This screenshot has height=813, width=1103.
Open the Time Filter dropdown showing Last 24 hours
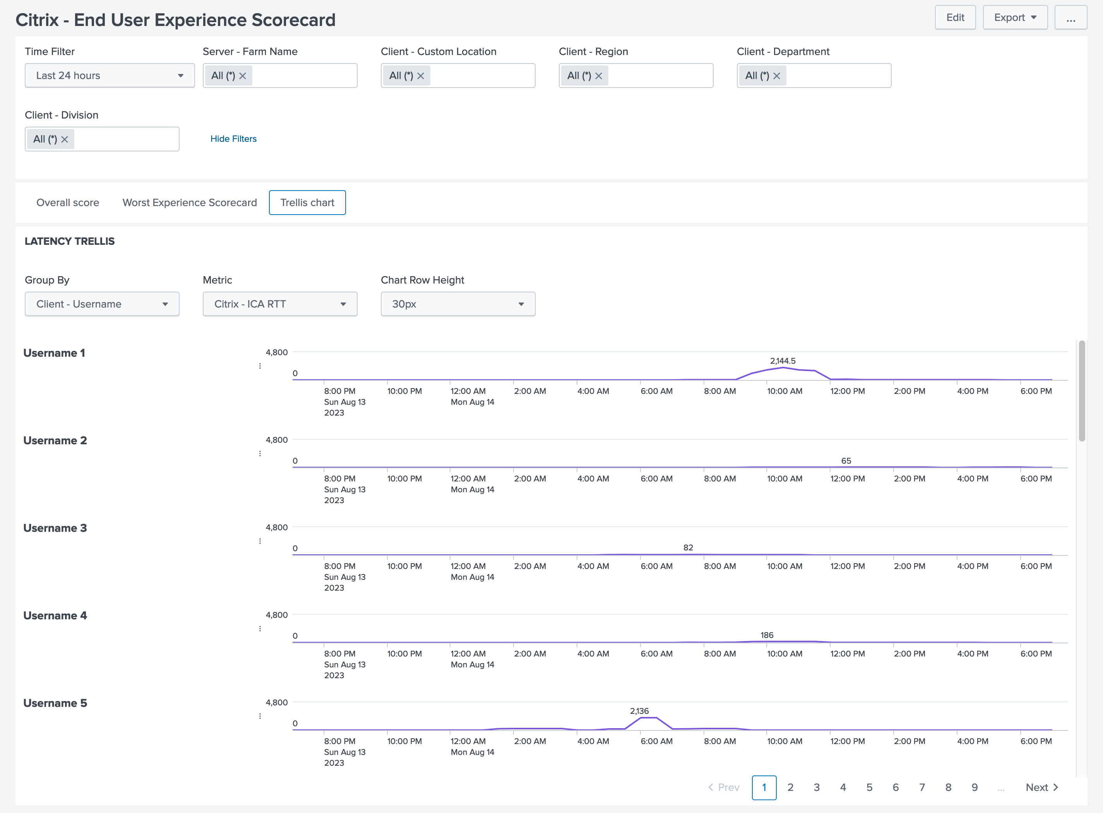(109, 75)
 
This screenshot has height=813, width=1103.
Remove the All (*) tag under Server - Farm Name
(242, 76)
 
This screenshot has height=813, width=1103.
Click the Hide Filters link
(233, 139)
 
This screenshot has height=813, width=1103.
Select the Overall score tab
(67, 203)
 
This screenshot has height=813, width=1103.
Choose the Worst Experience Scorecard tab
(189, 203)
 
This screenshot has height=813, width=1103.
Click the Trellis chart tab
(307, 203)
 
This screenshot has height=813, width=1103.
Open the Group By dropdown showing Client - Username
(102, 304)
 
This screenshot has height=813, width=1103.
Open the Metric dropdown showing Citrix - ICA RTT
(279, 304)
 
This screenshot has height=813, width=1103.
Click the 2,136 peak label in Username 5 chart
(639, 711)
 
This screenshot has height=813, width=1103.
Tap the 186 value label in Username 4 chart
(766, 635)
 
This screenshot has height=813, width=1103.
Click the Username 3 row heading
(55, 528)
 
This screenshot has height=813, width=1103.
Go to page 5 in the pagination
(869, 787)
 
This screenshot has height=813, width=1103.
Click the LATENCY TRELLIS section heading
(69, 241)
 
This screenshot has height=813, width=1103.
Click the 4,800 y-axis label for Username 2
(276, 440)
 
